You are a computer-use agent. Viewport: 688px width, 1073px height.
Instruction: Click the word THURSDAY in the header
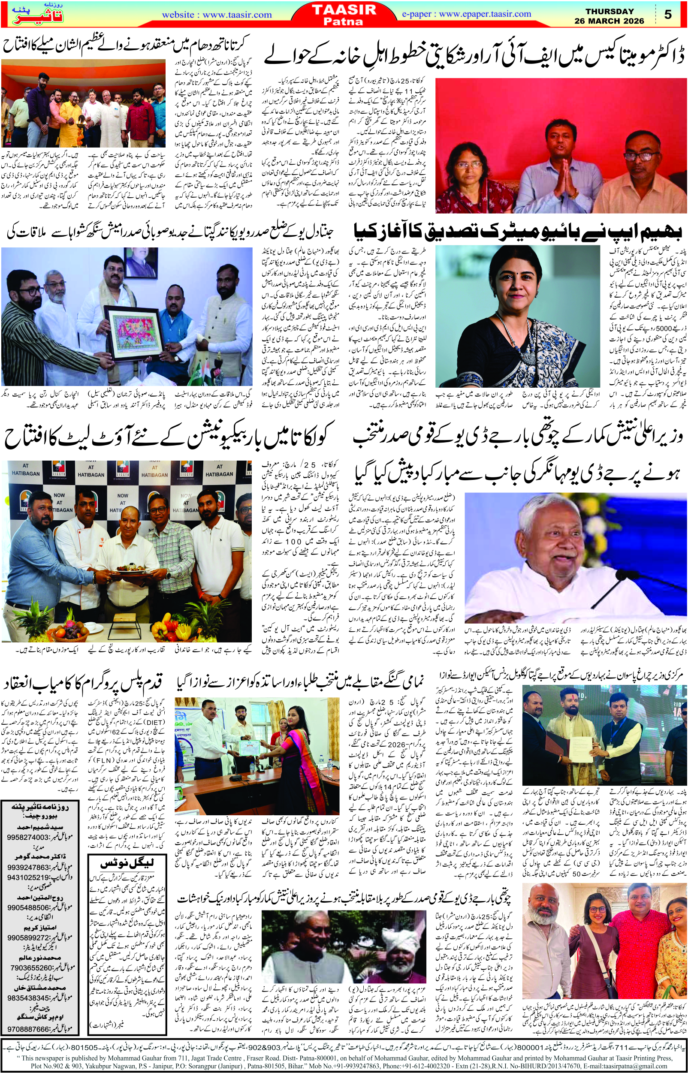click(610, 11)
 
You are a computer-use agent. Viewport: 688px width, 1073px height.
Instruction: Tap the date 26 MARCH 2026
click(610, 21)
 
